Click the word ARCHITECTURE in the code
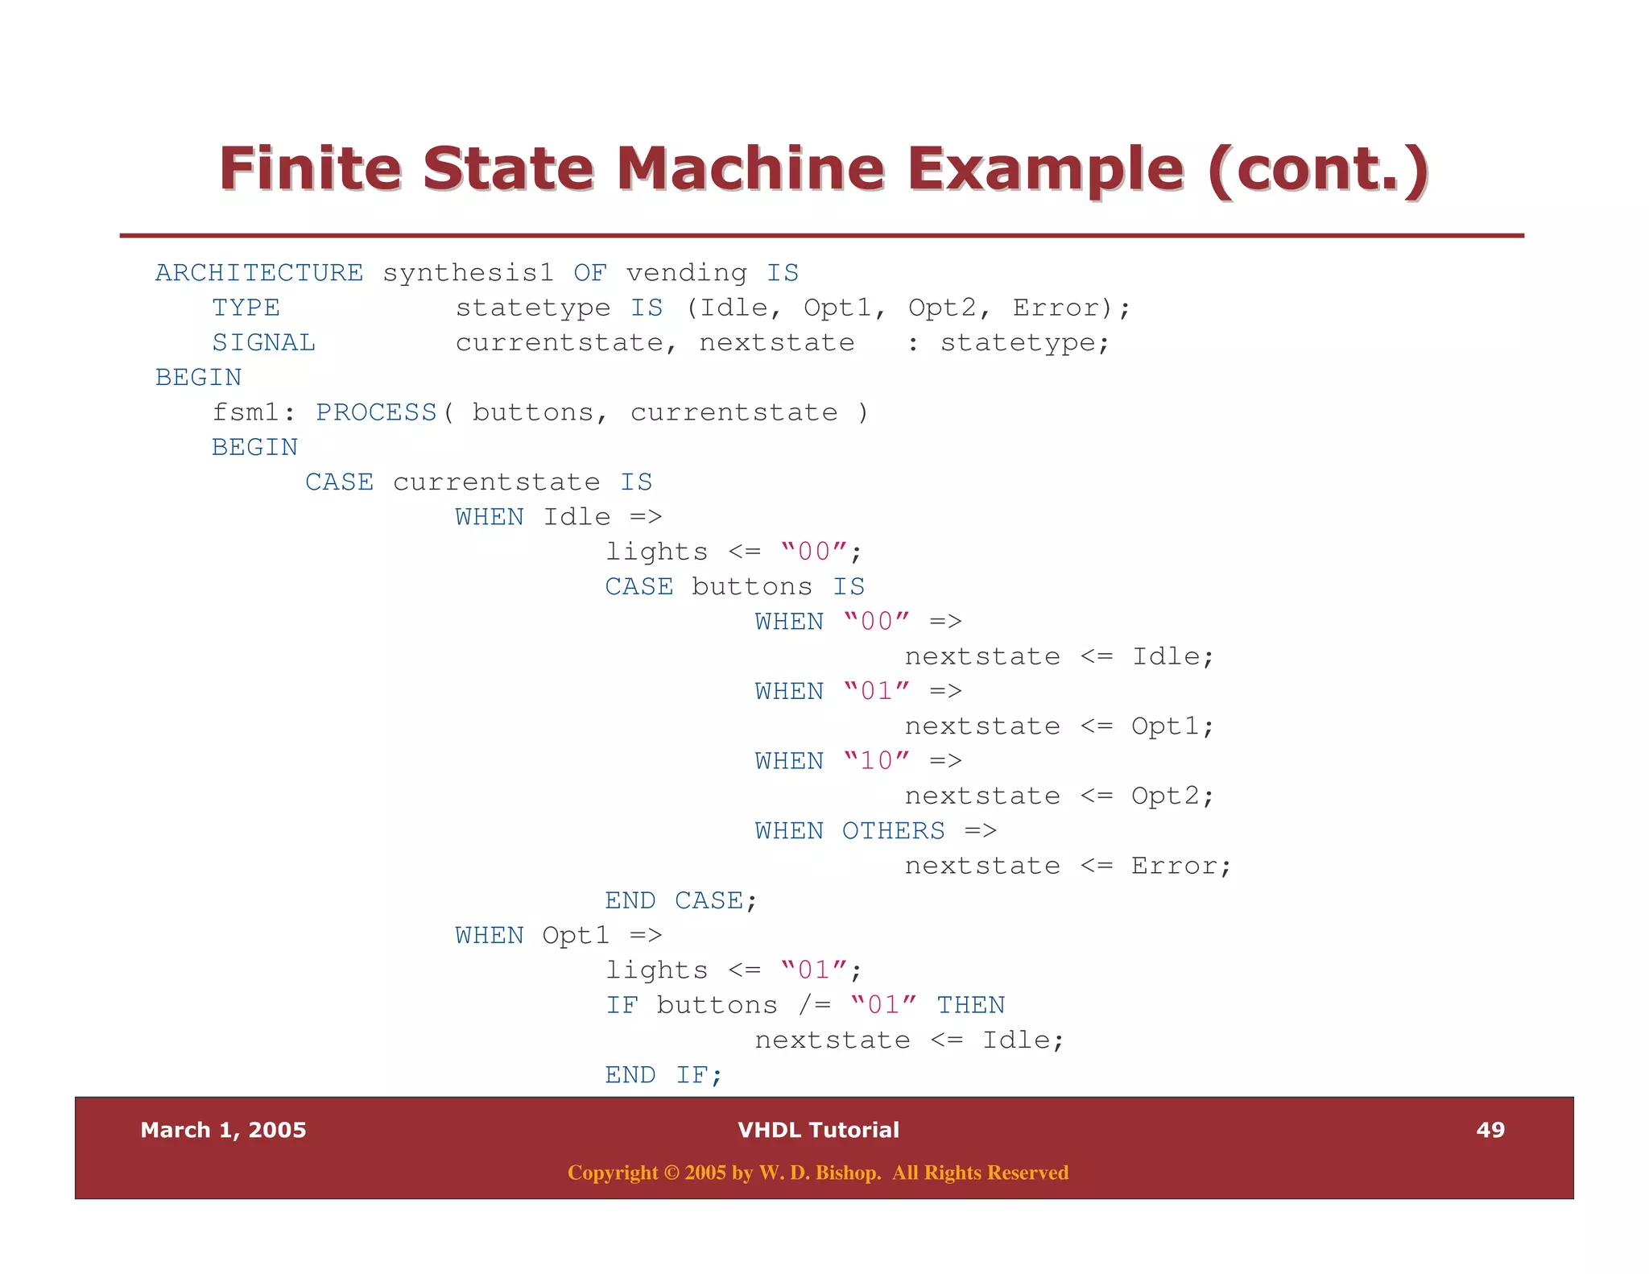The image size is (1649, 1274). tap(259, 273)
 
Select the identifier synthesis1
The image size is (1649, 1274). tap(468, 273)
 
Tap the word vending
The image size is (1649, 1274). tap(686, 273)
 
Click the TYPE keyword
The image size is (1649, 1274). tap(246, 308)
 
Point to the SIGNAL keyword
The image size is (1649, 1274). tap(263, 343)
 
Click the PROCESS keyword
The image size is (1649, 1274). tap(376, 412)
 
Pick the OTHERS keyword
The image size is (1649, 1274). tap(893, 830)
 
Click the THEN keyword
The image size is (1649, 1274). tap(970, 1005)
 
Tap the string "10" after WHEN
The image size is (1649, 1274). tap(876, 761)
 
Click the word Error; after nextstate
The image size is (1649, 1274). tap(1180, 866)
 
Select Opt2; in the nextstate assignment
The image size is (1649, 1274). tap(1172, 796)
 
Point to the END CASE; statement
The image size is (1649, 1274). tap(681, 900)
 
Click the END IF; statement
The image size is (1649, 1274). tap(663, 1075)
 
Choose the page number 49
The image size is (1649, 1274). tap(1490, 1130)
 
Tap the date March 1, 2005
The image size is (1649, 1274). tap(223, 1130)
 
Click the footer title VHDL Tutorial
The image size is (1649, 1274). tap(818, 1130)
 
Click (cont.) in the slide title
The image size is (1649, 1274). tap(1317, 169)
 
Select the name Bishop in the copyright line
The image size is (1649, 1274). tap(841, 1173)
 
